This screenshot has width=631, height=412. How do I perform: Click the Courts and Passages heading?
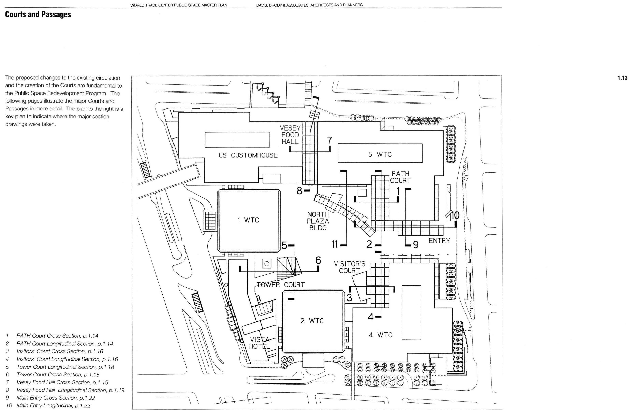tap(38, 14)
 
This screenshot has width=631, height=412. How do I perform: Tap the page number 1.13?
tap(622, 78)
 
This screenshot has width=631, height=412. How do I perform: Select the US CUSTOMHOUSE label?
tap(248, 155)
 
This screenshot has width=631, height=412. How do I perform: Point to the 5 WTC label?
tap(380, 154)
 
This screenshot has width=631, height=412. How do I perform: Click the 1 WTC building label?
tap(248, 220)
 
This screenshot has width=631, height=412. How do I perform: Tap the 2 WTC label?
tap(312, 321)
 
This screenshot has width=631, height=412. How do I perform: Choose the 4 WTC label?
tap(380, 335)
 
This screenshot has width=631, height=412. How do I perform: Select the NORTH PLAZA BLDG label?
tap(318, 221)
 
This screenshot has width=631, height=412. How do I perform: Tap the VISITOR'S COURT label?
tap(350, 267)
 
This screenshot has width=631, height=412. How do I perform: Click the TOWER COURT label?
tap(280, 285)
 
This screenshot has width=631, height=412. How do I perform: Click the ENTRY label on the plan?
tap(439, 241)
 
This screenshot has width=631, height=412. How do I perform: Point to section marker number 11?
tap(335, 244)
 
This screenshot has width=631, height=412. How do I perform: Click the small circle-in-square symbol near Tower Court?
tap(267, 264)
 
